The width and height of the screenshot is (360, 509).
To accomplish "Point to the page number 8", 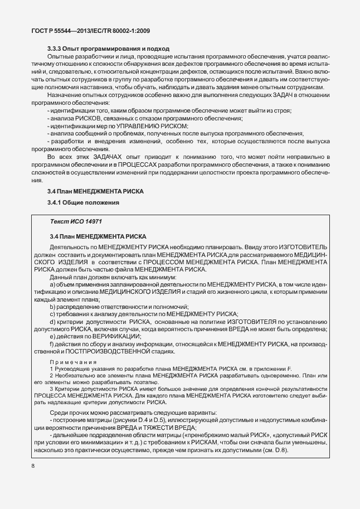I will pos(32,466).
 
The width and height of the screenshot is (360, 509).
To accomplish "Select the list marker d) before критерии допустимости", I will pos(52,322).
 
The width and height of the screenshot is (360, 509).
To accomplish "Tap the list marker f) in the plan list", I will pos(52,344).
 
